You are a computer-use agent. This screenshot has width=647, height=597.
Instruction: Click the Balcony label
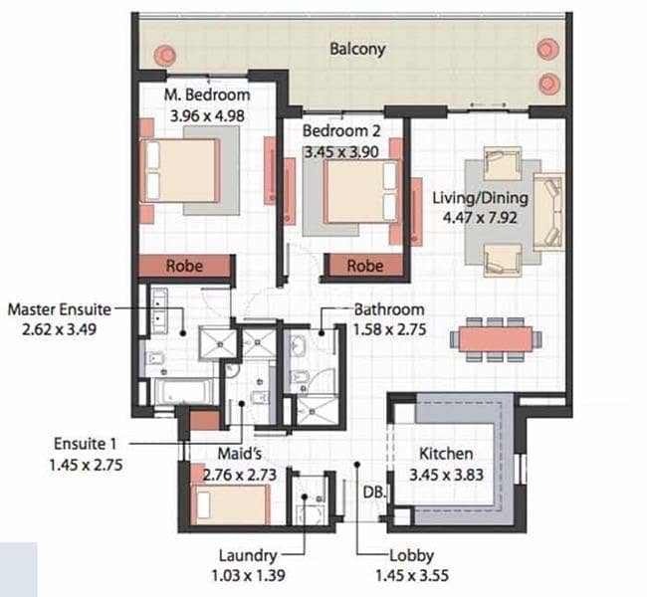[357, 49]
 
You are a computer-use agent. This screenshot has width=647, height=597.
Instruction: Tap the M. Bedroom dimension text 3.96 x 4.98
[207, 116]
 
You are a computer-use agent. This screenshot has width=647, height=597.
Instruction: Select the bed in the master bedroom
[180, 170]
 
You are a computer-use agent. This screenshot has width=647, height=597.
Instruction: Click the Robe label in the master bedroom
[184, 266]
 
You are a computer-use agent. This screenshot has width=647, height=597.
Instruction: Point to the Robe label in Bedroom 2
[364, 266]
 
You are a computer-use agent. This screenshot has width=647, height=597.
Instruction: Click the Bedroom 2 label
[341, 131]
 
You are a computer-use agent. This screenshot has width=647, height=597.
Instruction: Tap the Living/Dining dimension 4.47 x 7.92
[480, 218]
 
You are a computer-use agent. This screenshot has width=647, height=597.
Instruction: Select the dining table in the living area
[496, 338]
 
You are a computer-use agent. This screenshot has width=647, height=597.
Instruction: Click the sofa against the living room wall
[548, 213]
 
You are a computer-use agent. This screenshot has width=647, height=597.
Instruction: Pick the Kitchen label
[446, 454]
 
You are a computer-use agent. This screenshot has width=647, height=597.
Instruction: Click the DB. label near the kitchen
[375, 492]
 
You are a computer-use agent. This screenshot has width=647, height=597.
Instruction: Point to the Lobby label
[411, 556]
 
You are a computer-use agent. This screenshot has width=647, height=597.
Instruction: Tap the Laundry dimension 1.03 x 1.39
[248, 575]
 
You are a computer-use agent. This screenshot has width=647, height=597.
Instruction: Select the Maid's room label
[240, 454]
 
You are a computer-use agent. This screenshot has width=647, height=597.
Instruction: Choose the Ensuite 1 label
[86, 444]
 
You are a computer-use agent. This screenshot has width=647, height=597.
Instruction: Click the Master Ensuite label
[60, 309]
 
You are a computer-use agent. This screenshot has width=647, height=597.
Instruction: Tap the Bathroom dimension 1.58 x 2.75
[389, 329]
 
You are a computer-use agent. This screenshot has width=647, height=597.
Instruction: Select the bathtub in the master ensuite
[183, 392]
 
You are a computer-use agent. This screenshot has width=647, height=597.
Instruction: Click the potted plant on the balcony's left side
[165, 55]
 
